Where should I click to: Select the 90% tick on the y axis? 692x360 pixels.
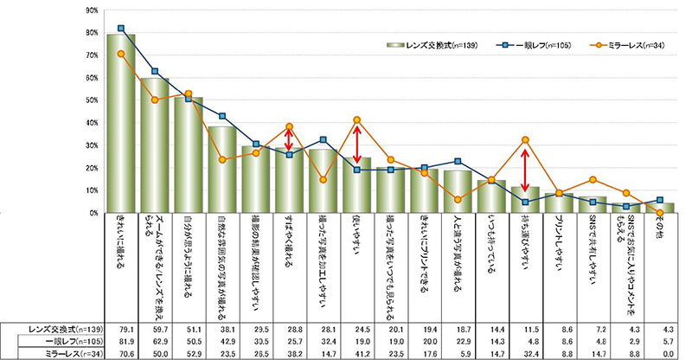(91, 10)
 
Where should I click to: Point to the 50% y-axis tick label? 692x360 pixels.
(91, 100)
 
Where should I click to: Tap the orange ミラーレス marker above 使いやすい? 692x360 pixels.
(356, 119)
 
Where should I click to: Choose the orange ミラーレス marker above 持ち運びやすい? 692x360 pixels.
(525, 140)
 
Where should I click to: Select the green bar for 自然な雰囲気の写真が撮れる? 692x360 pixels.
(221, 170)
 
